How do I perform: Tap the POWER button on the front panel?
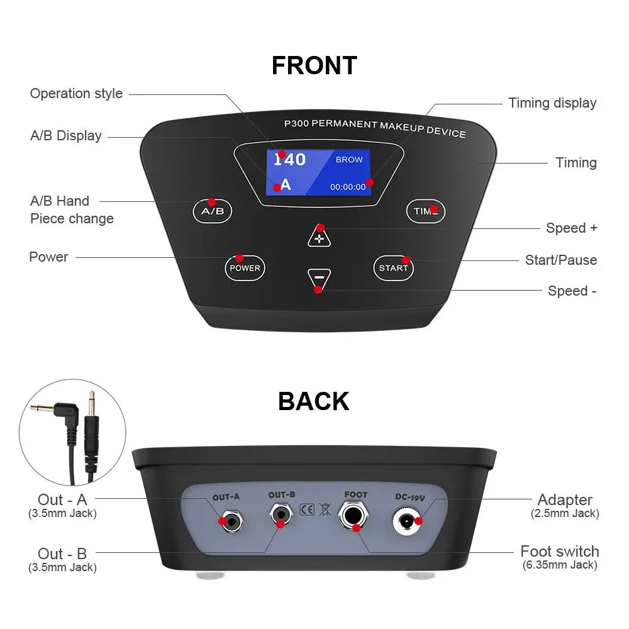245,268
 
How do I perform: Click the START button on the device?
393,268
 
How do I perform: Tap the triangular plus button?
320,237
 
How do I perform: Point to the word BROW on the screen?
349,160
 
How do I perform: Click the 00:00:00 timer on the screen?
348,187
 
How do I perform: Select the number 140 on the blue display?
289,160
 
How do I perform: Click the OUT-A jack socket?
232,521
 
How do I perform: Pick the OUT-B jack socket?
281,515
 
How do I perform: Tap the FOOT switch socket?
353,515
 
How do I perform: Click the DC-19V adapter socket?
406,521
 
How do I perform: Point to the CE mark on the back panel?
307,509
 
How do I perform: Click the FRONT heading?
314,65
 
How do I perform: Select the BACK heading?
314,401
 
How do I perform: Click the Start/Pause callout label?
561,260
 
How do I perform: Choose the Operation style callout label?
76,94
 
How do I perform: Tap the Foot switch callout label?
560,551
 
